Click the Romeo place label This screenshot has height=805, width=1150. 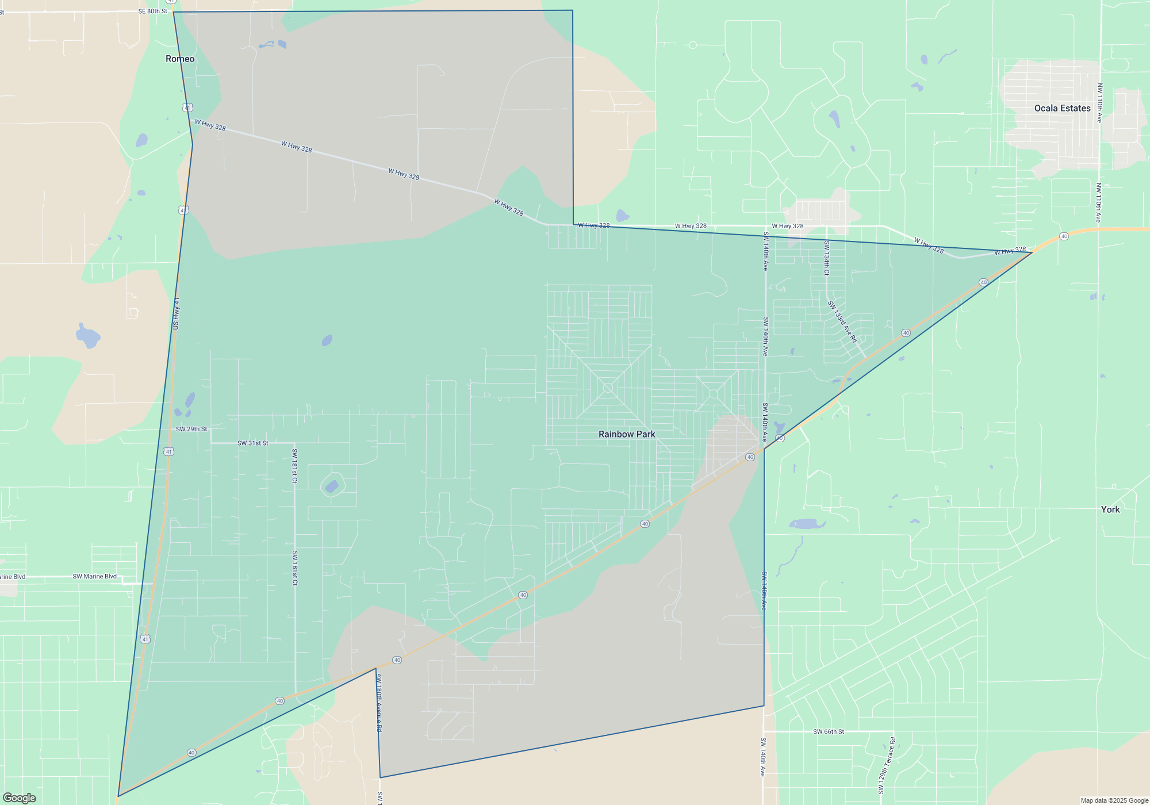[x=180, y=59]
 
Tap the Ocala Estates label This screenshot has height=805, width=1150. [x=1062, y=108]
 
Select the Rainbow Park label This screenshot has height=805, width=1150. [x=627, y=434]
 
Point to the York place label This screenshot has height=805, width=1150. [x=1110, y=509]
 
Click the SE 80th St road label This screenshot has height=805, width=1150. [x=152, y=11]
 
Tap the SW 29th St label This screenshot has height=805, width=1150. [x=191, y=429]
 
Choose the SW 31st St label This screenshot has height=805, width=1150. [x=252, y=443]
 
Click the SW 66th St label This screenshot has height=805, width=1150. [x=828, y=731]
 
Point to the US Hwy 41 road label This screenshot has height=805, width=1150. [x=176, y=313]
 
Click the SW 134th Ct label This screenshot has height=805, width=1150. [x=826, y=258]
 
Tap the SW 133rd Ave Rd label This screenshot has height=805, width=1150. [x=842, y=321]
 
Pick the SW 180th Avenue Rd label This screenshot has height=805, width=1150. [x=378, y=703]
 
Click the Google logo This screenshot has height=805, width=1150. [x=20, y=798]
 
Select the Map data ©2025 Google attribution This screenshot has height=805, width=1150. [x=1114, y=800]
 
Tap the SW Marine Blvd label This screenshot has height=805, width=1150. [x=94, y=576]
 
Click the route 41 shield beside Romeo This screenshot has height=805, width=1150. [x=187, y=108]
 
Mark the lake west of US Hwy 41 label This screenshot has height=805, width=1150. [x=88, y=336]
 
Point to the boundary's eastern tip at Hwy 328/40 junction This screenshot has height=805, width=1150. [x=1032, y=252]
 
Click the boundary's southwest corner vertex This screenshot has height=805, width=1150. [x=118, y=796]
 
